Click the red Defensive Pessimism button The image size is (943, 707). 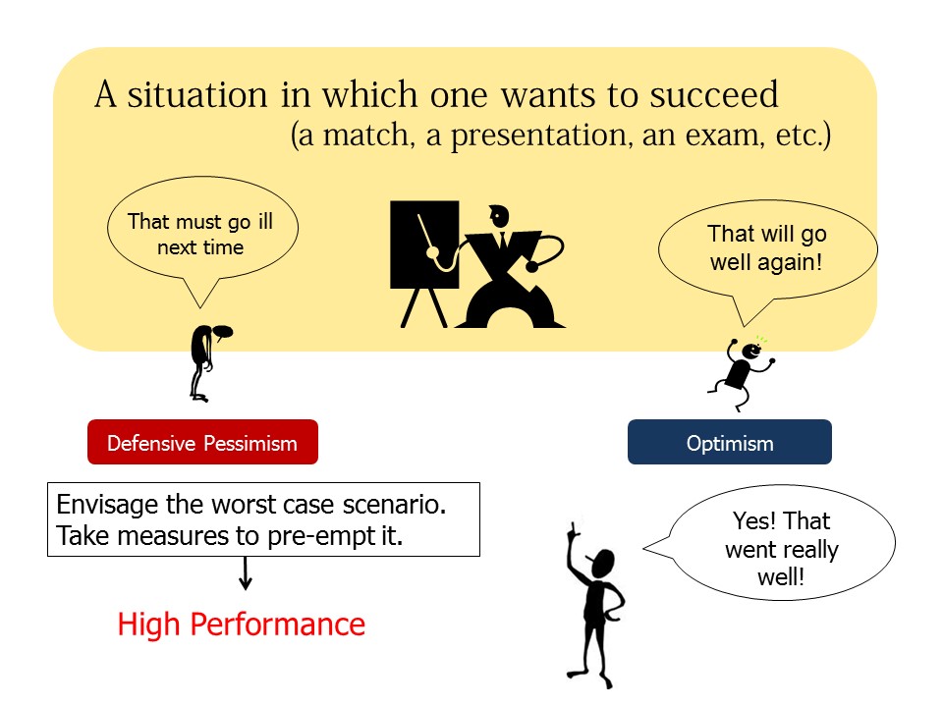202,442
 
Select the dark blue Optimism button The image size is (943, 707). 730,442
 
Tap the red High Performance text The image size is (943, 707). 242,625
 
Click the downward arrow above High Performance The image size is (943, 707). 245,572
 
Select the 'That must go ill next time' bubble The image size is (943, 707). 202,241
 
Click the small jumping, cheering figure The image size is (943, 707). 742,373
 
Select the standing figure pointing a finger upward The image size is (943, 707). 595,607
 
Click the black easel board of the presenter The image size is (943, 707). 424,245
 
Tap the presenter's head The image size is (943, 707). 499,216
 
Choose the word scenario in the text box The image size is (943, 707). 394,505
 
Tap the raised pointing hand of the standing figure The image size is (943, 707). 572,529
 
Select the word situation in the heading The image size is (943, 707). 197,94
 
